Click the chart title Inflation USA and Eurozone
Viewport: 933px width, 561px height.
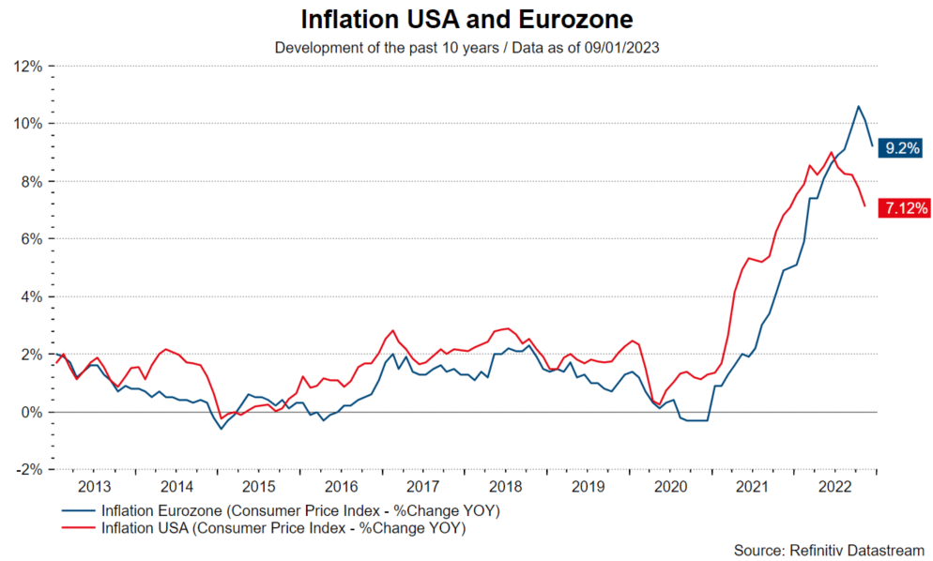tap(466, 20)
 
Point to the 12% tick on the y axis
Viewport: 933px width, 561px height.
tap(26, 67)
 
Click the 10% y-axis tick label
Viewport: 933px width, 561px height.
tap(26, 124)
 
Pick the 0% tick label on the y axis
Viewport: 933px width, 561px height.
tap(30, 412)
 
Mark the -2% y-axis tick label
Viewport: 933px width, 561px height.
tap(27, 470)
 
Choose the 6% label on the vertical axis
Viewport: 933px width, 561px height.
tap(30, 239)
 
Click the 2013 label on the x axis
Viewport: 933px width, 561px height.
tap(95, 487)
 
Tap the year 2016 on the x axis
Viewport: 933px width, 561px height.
tap(342, 487)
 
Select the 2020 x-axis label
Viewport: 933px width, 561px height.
tap(671, 487)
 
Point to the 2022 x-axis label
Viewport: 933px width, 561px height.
tap(835, 487)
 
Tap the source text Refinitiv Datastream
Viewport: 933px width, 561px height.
tap(831, 549)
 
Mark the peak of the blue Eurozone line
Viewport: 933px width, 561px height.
tap(858, 106)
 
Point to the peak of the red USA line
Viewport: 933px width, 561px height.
tap(832, 152)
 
